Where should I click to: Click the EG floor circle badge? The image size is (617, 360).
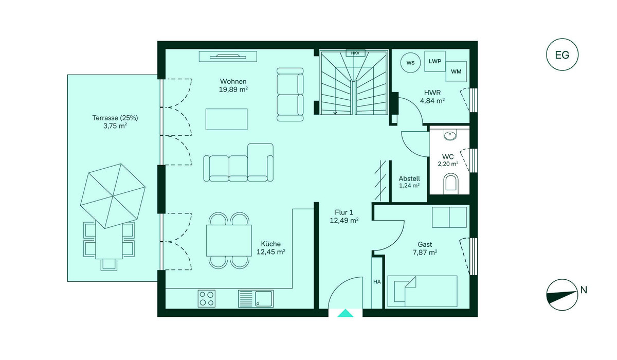(562, 55)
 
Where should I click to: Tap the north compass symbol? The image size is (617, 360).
(562, 295)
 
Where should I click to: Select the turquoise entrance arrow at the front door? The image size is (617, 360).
(346, 313)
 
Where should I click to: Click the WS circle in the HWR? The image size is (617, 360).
(410, 63)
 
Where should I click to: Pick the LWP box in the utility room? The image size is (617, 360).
(435, 61)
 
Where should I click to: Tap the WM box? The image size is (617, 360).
(456, 71)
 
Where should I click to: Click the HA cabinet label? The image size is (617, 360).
(377, 282)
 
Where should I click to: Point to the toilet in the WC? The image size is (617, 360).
(450, 183)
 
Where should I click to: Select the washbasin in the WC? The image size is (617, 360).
(450, 135)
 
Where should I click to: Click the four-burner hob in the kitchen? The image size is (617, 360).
(207, 299)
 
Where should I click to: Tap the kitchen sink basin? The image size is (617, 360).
(264, 299)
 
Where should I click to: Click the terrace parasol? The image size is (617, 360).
(113, 196)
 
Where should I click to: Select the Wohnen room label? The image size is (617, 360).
(233, 82)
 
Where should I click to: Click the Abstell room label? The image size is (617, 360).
(409, 178)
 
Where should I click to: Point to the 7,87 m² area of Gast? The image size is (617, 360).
(425, 253)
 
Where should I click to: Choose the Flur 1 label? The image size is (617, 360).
(344, 212)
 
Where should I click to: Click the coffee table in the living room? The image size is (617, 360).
(226, 119)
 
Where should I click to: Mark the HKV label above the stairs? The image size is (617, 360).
(355, 53)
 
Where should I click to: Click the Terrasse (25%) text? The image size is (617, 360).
(115, 118)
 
